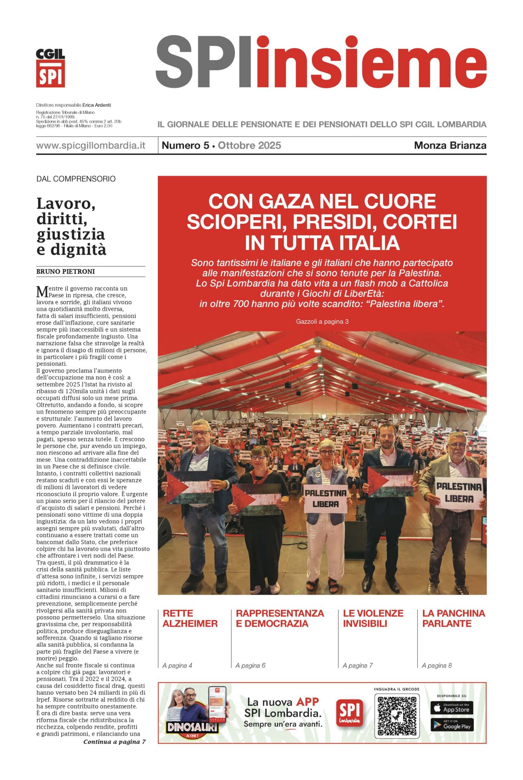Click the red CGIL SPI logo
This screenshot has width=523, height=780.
point(50,68)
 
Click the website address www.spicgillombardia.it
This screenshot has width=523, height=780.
point(91,145)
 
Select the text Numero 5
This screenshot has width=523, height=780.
point(185,145)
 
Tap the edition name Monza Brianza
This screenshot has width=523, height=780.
point(450,145)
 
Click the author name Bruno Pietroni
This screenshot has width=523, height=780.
point(65,271)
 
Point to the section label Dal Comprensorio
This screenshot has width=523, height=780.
point(76,179)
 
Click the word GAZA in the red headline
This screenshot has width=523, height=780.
point(286,201)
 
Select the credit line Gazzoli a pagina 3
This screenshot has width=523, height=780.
point(322,321)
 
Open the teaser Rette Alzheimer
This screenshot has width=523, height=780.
point(190,618)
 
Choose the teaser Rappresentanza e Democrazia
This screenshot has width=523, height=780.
point(280,618)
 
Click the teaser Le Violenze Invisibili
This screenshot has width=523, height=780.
point(373,618)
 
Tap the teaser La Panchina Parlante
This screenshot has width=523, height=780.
point(453,618)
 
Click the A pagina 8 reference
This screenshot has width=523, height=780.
point(437,665)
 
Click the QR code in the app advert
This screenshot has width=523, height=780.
point(397,716)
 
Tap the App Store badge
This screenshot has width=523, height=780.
point(451,708)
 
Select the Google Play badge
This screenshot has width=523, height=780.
point(451,725)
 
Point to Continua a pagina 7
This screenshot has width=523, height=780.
point(114,742)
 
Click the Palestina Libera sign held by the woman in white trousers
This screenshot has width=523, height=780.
point(326,498)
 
